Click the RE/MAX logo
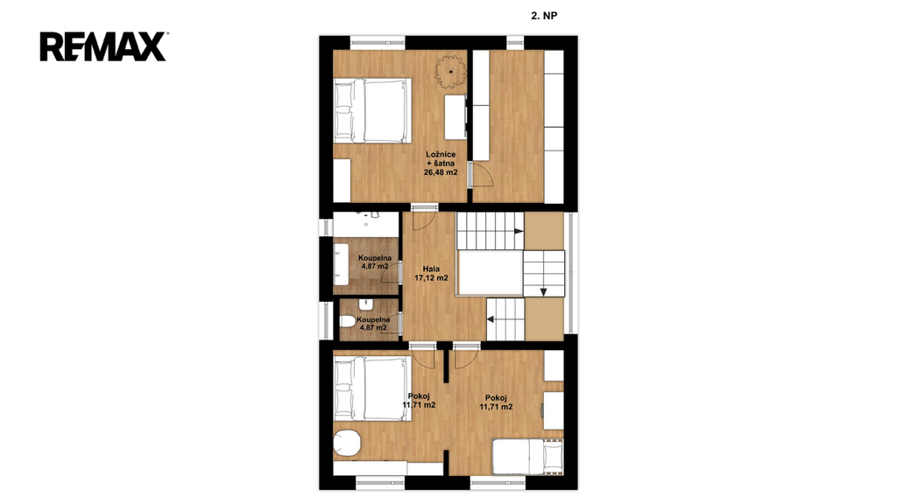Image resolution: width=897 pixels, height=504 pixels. coord(103,47)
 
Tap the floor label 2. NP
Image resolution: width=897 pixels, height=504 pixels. coord(544,16)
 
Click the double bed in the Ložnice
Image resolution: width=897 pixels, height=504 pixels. coord(373,110)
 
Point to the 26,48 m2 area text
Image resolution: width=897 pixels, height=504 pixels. coord(441,172)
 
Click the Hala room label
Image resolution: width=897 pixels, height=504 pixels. coord(431,269)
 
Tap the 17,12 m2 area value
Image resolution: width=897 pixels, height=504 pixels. coord(431,278)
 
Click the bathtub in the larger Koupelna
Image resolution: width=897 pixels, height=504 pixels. coord(342,263)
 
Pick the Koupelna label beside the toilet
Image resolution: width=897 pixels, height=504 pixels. coord(373,319)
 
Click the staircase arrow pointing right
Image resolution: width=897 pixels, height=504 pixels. coord(519,231)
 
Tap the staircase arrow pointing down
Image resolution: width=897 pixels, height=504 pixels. coord(543,292)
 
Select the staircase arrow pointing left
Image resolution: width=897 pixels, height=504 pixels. coord(491,319)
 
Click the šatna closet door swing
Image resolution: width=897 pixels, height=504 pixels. coord(483,174)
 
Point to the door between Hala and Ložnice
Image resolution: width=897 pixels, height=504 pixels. coord(425,218)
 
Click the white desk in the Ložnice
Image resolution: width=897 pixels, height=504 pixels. coord(456,117)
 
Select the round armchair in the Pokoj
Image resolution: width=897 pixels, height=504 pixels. coord(347,443)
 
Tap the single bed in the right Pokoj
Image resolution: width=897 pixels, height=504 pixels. coord(527,457)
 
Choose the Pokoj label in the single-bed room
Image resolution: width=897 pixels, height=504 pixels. coord(496,398)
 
